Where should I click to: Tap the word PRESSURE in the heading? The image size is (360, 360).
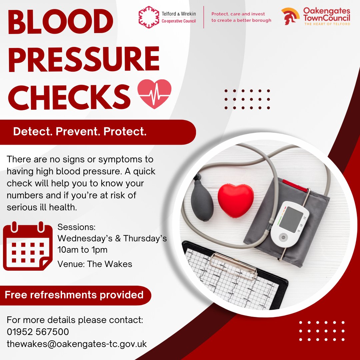click(83, 59)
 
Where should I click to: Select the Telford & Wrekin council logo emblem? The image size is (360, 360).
click(149, 17)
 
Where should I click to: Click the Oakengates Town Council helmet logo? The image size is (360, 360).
click(290, 16)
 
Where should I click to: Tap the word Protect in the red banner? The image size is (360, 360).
click(125, 132)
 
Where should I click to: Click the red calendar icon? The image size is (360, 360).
click(28, 247)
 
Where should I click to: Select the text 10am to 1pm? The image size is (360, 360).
click(82, 250)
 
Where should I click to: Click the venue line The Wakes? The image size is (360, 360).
click(95, 264)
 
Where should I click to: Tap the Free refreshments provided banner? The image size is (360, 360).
click(74, 295)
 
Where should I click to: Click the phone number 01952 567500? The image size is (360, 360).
click(38, 332)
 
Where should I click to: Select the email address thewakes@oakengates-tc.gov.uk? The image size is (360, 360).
click(77, 344)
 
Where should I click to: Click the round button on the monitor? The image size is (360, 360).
click(283, 238)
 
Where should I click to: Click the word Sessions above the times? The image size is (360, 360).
click(76, 227)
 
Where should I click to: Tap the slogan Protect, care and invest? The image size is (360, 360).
click(238, 14)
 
